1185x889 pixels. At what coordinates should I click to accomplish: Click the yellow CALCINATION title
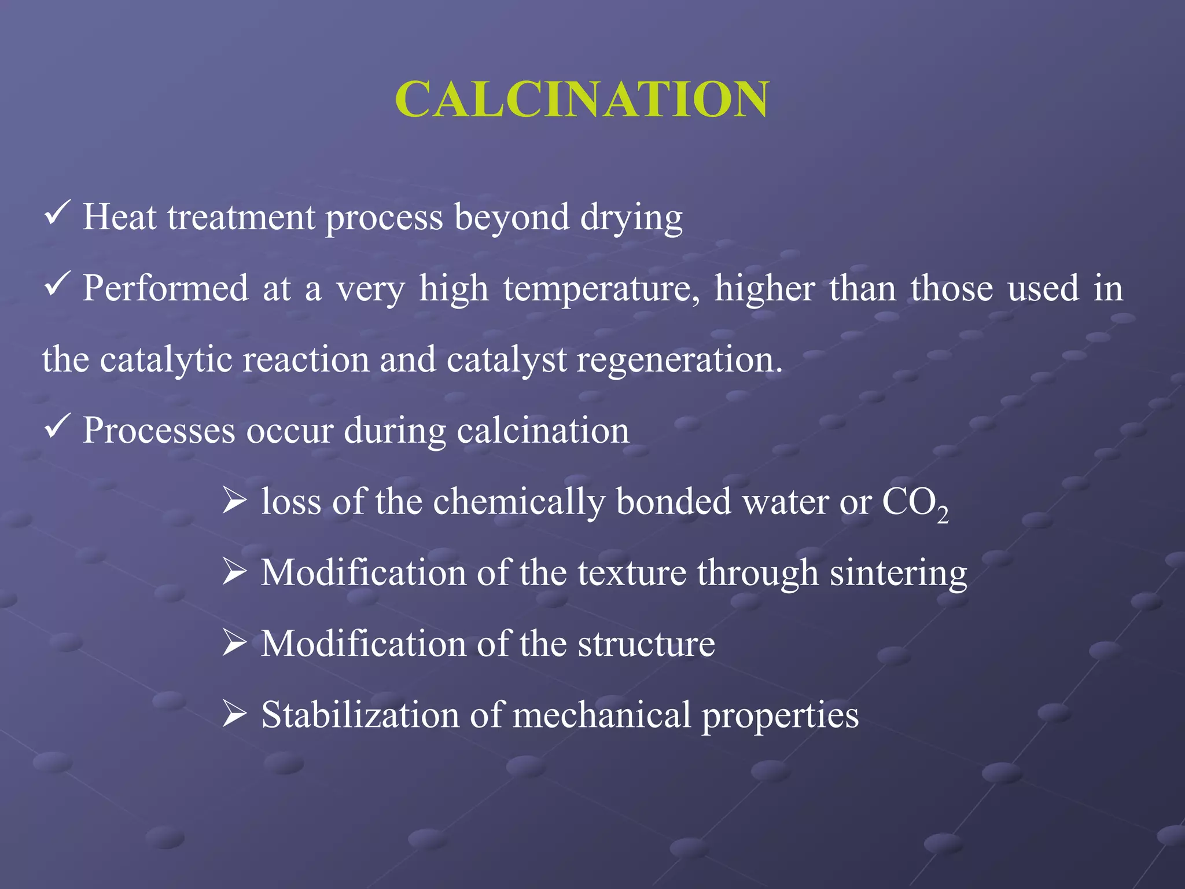(x=582, y=100)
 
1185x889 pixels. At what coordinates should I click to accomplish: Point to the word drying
(x=631, y=219)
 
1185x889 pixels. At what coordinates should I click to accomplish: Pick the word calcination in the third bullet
(x=543, y=431)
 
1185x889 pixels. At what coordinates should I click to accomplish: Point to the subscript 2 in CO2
(x=943, y=514)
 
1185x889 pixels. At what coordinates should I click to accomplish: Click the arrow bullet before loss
(x=235, y=499)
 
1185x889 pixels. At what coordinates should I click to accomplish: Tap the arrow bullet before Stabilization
(x=235, y=713)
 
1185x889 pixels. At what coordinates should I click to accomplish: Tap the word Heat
(x=119, y=218)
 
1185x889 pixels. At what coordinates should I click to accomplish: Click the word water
(x=786, y=502)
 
